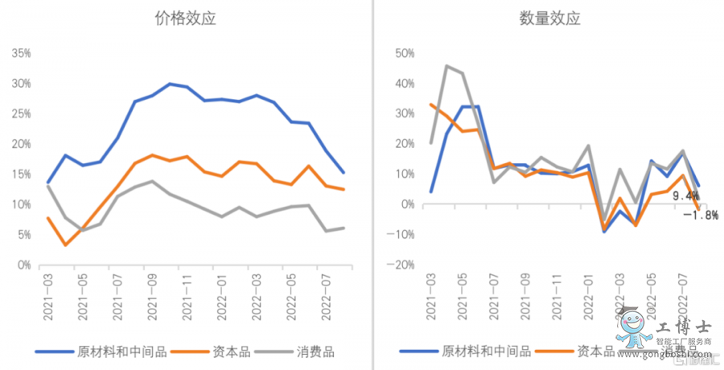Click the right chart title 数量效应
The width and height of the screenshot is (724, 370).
[x=549, y=18]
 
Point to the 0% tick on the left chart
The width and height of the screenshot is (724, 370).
[x=24, y=265]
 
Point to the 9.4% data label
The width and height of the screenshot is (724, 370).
[x=685, y=196]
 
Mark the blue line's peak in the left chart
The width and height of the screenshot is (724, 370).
[x=170, y=84]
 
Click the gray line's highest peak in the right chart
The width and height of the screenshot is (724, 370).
[x=447, y=66]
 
